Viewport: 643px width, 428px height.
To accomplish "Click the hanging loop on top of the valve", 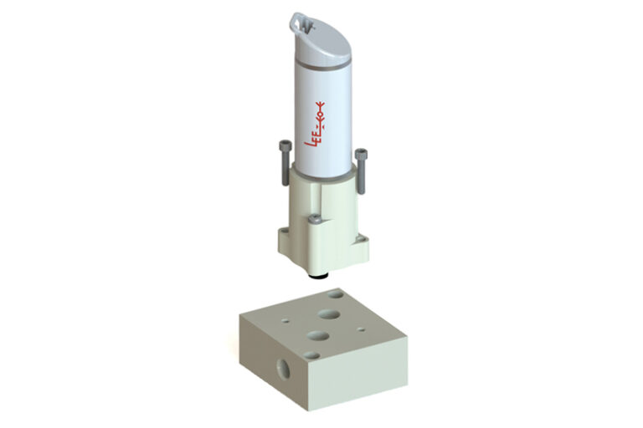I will (x=301, y=18).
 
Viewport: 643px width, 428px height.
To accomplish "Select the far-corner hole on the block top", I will (x=336, y=294).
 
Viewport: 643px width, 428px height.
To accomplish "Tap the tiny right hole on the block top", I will (x=361, y=329).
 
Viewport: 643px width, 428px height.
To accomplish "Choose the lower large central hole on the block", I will (x=318, y=335).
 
